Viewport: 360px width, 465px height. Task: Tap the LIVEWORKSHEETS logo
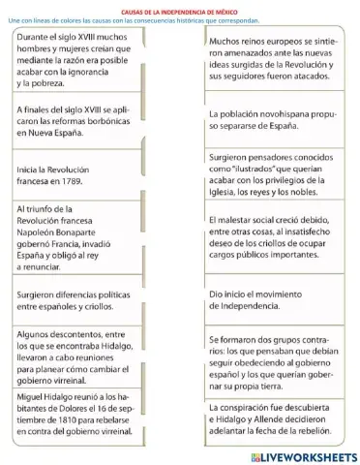pos(299,455)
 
